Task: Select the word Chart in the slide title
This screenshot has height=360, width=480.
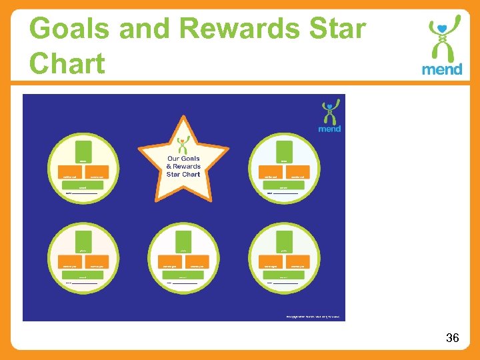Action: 67,64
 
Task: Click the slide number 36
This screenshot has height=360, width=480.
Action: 452,338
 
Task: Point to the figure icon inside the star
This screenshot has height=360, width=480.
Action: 183,145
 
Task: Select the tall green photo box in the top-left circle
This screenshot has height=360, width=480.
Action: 83,153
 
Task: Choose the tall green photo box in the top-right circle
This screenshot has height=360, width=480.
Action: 284,153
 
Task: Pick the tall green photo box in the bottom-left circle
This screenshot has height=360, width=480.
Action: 83,242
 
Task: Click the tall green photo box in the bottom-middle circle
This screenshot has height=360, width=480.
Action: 183,242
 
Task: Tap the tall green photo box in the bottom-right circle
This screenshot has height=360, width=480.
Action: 284,242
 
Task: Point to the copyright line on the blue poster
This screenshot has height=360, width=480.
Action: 312,315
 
